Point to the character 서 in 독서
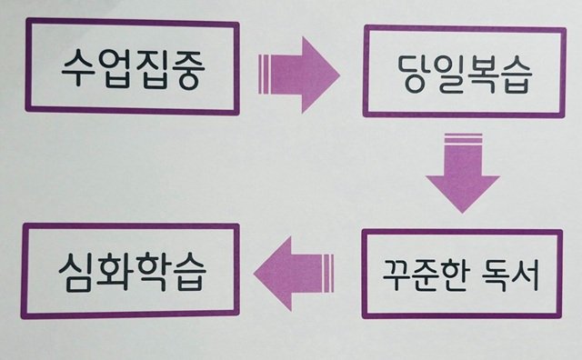click(x=524, y=275)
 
